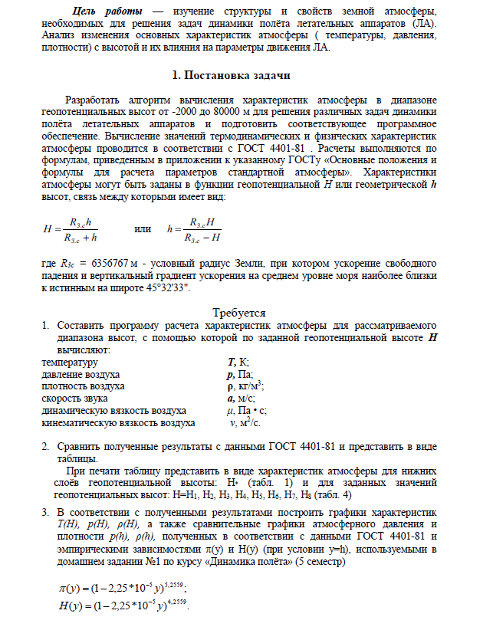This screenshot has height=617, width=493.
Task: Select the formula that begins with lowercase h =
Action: pos(197,228)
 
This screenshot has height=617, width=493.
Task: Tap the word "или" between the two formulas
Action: pos(143,228)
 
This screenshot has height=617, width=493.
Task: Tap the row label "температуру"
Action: pos(70,362)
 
